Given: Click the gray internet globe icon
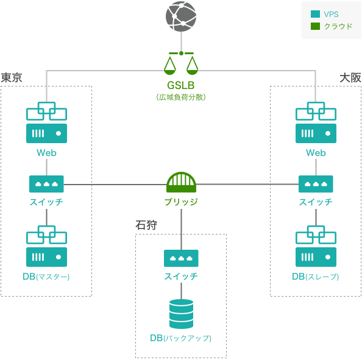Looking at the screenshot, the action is [x=181, y=16].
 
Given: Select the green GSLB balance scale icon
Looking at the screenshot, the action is [x=181, y=63].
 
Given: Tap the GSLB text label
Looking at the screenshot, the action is [x=181, y=85].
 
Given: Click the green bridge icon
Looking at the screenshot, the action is [x=181, y=182].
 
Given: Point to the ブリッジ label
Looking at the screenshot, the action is [x=181, y=202].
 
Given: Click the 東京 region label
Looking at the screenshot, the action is [x=12, y=77].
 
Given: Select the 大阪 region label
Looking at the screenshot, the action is [x=350, y=77].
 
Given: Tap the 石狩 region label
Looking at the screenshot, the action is [x=146, y=225].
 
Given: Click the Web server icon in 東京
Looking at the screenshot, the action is [x=47, y=122].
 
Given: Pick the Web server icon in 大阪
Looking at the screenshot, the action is [x=316, y=122].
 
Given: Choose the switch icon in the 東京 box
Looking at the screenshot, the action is [x=46, y=184].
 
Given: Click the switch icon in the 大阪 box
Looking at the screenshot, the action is [x=316, y=184].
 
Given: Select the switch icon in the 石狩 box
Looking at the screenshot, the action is [x=181, y=258].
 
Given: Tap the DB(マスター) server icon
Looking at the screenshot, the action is [x=47, y=246].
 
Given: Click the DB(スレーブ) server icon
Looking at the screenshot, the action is [x=316, y=246].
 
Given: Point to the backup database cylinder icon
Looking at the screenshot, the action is [x=181, y=314].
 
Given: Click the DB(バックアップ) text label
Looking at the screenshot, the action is [x=181, y=338].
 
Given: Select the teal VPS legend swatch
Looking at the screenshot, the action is [x=315, y=14].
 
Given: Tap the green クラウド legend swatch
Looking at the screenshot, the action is [x=315, y=26].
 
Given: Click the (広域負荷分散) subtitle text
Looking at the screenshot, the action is [x=181, y=97].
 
